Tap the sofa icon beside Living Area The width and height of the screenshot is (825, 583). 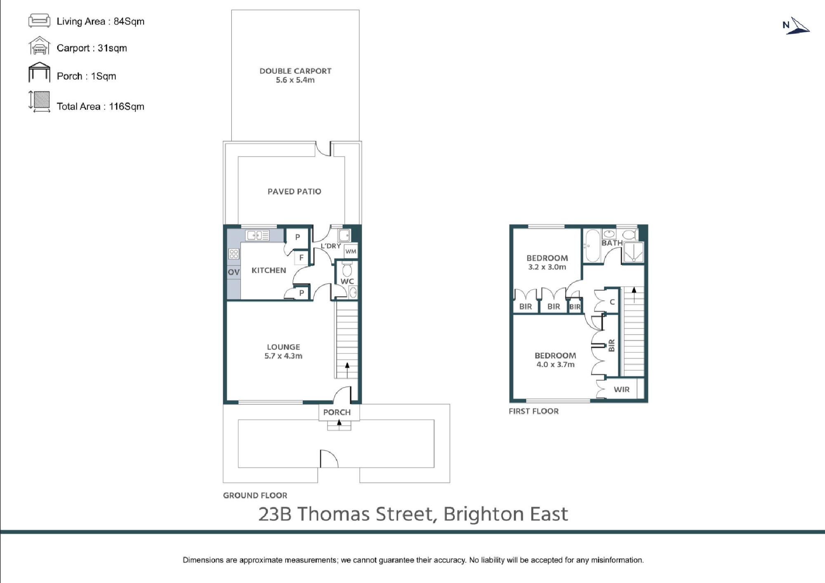click(x=39, y=21)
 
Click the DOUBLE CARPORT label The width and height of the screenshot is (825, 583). click(x=295, y=71)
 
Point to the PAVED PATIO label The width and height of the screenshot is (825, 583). click(x=294, y=191)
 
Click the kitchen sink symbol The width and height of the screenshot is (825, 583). click(x=257, y=235)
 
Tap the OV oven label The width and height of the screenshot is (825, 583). click(x=233, y=272)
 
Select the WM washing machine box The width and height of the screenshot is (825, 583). click(x=351, y=251)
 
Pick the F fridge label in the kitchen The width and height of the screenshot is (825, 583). click(x=302, y=257)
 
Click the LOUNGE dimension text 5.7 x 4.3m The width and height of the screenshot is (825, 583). click(x=283, y=356)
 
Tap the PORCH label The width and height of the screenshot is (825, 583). click(x=337, y=412)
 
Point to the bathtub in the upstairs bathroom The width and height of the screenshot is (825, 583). click(x=592, y=245)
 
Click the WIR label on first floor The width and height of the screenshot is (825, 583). click(x=622, y=389)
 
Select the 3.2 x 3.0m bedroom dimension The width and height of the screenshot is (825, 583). click(x=547, y=267)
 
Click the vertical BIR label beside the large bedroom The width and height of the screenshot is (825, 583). click(x=612, y=345)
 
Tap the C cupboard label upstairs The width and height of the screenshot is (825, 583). click(x=612, y=302)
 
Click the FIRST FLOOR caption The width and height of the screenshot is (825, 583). click(x=534, y=411)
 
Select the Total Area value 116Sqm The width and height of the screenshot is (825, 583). click(x=127, y=106)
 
